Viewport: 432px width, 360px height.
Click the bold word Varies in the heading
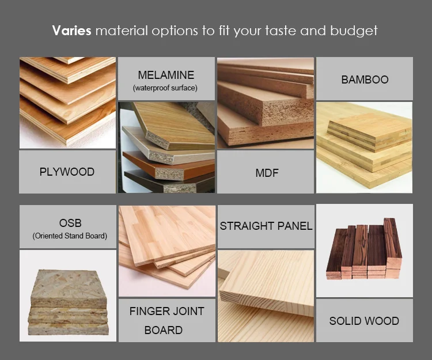(71, 31)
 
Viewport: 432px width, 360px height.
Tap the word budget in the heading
(354, 31)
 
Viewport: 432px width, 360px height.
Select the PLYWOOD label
(67, 172)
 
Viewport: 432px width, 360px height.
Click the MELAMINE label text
(166, 75)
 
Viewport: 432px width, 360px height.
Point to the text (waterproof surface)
(165, 88)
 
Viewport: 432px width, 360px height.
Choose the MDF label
(267, 173)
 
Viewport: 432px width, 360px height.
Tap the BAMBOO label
(365, 79)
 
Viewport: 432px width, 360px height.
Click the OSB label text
(70, 223)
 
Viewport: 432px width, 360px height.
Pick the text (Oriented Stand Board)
(70, 236)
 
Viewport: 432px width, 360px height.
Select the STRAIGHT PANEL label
(266, 226)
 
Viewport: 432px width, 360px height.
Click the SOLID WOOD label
(364, 321)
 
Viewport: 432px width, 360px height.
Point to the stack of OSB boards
(69, 302)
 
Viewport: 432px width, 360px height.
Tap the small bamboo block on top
(369, 134)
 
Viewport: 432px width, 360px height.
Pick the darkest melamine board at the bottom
(169, 182)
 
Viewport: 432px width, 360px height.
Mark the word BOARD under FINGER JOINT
(164, 330)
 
